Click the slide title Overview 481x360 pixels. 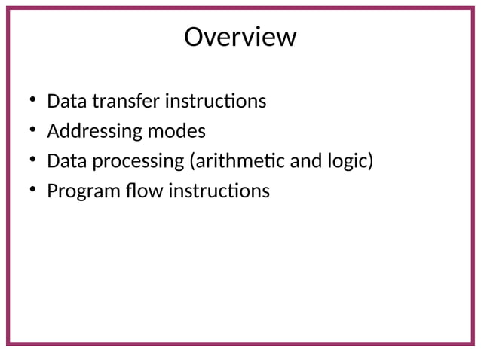(240, 36)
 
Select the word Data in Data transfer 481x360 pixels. (64, 101)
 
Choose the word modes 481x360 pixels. (176, 131)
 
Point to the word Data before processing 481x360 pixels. (64, 161)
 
